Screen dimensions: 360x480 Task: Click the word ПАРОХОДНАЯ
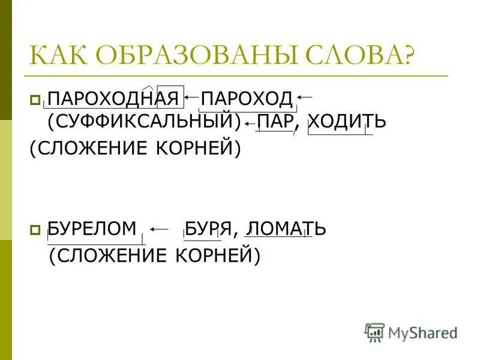(114, 98)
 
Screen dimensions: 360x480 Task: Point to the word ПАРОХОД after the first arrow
(247, 98)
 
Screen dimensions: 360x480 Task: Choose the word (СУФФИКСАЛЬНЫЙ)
(143, 122)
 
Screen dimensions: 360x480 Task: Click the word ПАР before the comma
(275, 122)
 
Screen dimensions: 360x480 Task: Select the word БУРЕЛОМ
(92, 229)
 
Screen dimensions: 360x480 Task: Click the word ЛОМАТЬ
(286, 229)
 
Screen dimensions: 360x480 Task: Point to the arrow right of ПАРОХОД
(305, 96)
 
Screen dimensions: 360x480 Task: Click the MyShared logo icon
(374, 332)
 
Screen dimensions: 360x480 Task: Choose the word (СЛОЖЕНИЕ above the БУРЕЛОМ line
(89, 148)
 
